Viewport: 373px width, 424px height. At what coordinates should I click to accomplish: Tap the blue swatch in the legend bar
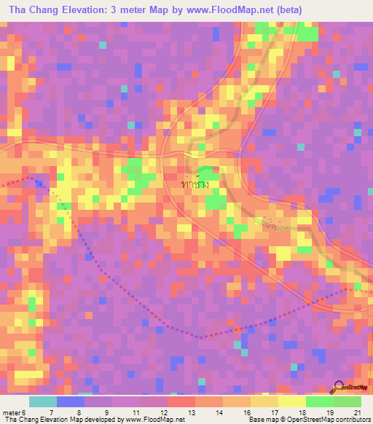(70, 401)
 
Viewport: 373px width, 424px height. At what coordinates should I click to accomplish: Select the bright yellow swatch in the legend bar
(291, 401)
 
